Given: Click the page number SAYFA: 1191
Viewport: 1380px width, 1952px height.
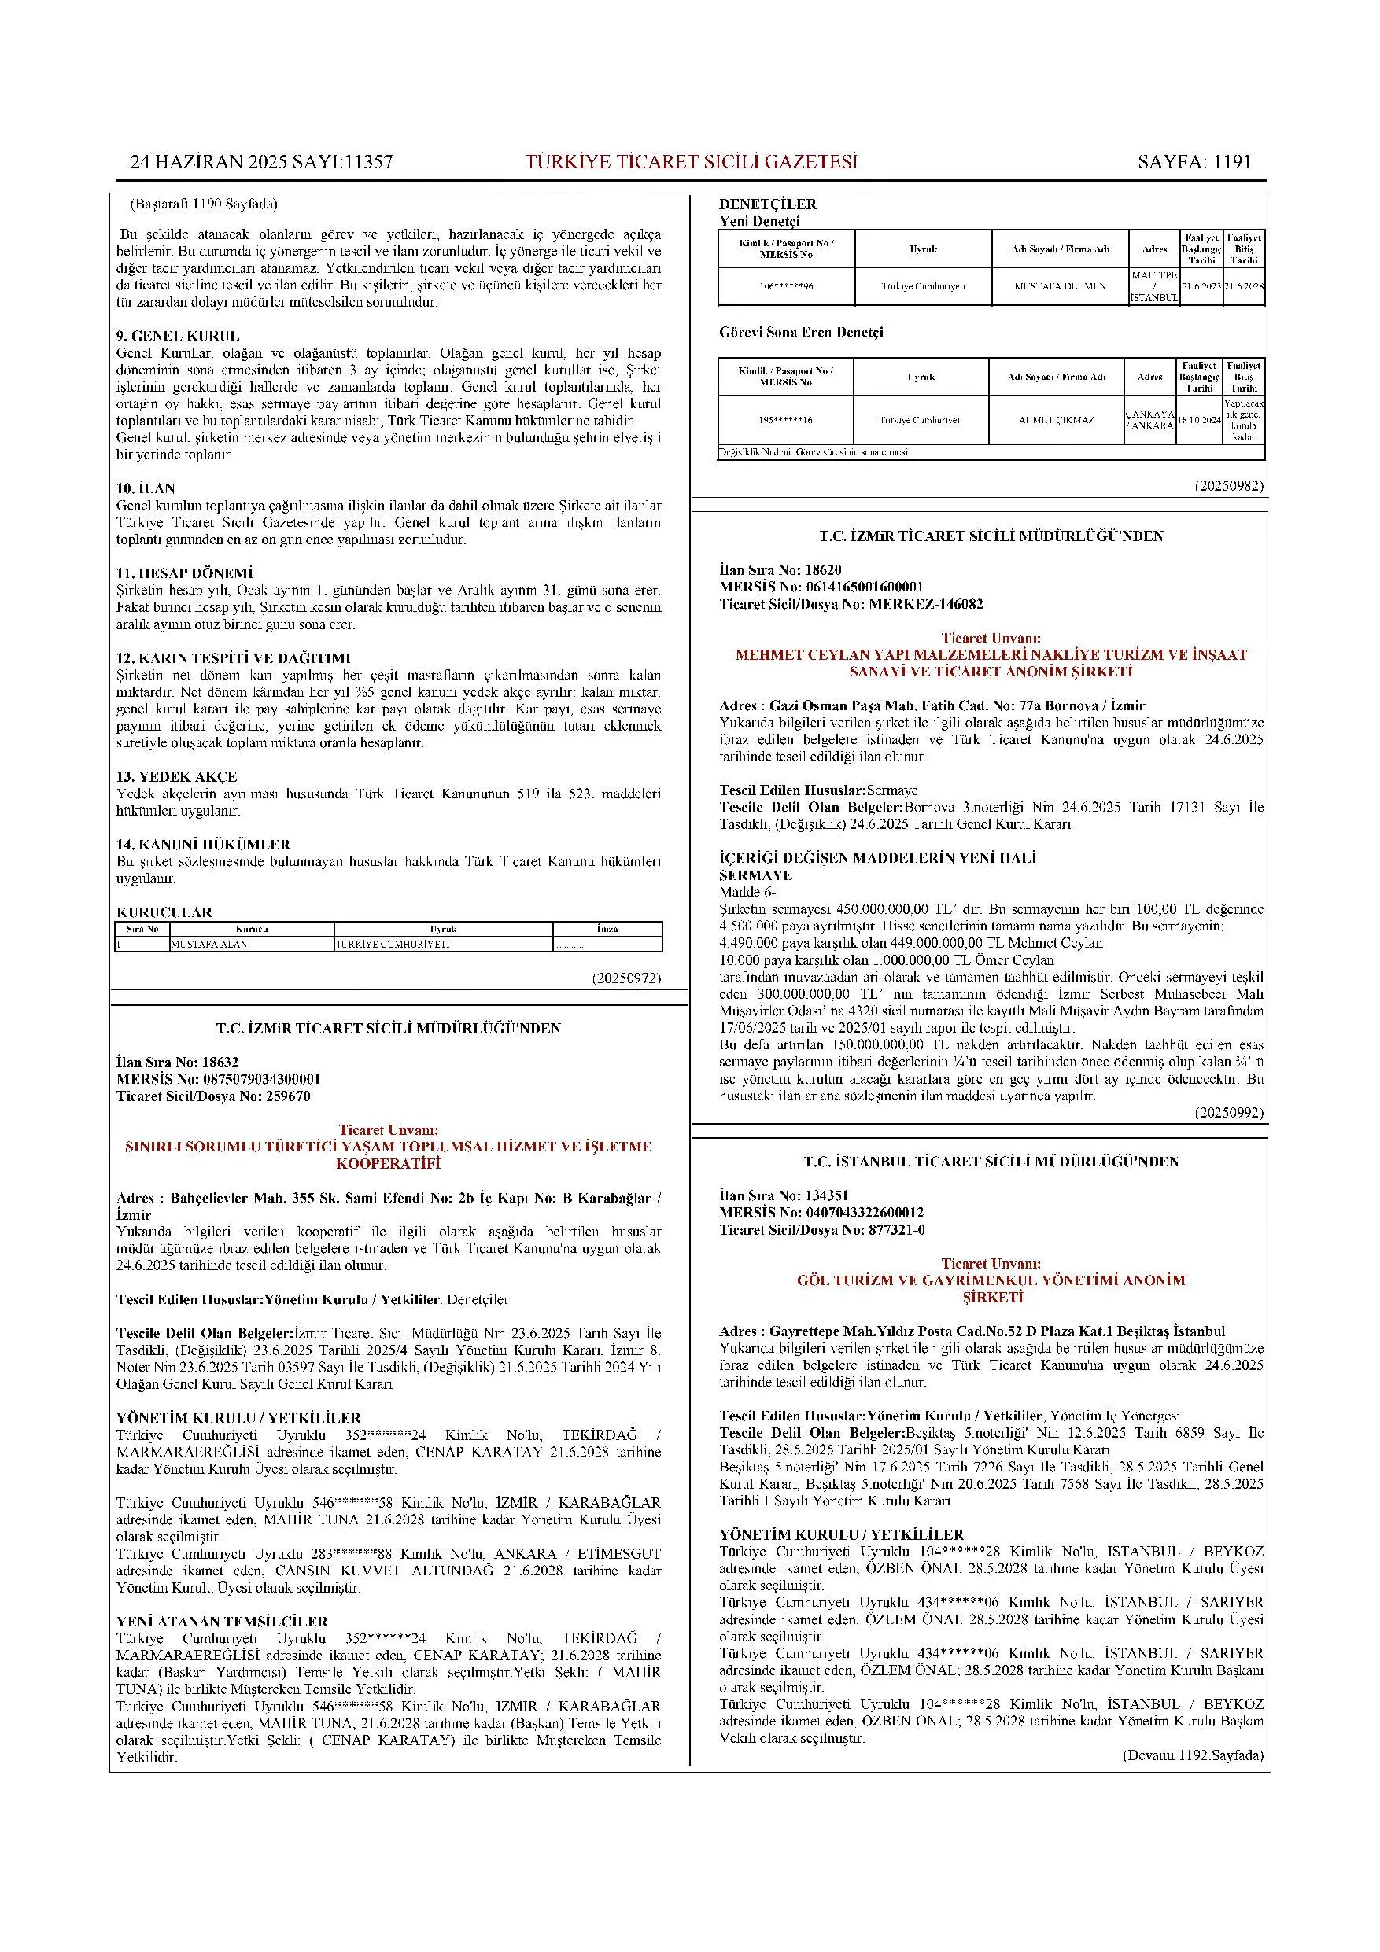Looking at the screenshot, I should [x=1194, y=162].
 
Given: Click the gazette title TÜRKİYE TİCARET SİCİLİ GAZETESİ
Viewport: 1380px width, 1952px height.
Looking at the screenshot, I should [x=692, y=162].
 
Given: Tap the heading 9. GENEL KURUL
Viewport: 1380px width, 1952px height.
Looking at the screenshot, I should [x=178, y=336].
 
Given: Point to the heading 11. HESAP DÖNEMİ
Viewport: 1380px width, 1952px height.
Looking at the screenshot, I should [x=185, y=573].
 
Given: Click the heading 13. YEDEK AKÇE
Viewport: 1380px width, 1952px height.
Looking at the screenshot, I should [x=177, y=776].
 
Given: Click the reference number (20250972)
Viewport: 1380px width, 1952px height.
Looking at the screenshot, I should [x=625, y=978].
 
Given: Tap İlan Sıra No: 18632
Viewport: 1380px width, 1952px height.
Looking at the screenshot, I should [x=177, y=1062].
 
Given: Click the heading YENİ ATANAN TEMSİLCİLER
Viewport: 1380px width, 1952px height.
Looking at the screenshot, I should [x=222, y=1621].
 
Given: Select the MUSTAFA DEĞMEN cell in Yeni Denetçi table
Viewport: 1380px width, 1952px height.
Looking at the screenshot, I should [x=1061, y=286].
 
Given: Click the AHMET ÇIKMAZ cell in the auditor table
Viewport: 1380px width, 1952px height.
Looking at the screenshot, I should [x=1056, y=420].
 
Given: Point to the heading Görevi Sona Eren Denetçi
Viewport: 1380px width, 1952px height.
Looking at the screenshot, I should [x=801, y=332].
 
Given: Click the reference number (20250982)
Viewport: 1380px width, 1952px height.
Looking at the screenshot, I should [x=1229, y=486].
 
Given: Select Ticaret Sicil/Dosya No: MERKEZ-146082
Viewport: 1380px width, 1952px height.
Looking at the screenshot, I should [x=851, y=604].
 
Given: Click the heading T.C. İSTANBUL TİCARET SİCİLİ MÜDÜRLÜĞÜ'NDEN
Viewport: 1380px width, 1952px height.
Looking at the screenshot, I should [x=991, y=1162].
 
